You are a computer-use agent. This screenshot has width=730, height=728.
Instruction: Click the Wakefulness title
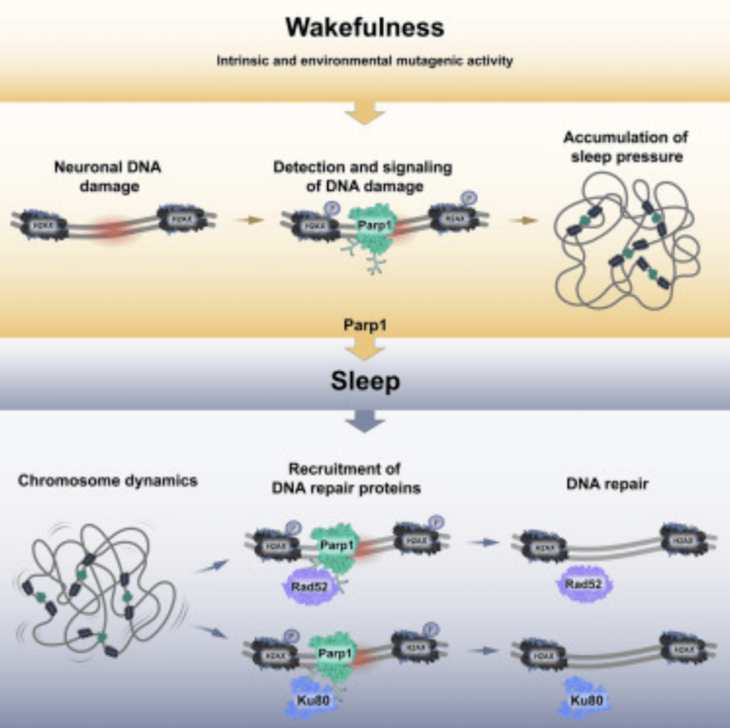coord(364,28)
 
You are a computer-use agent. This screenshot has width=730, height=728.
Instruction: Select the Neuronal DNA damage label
coord(107,176)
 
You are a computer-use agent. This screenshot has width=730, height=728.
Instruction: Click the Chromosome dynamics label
coord(107,481)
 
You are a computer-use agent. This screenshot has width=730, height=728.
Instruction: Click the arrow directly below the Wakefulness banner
coord(365,112)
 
